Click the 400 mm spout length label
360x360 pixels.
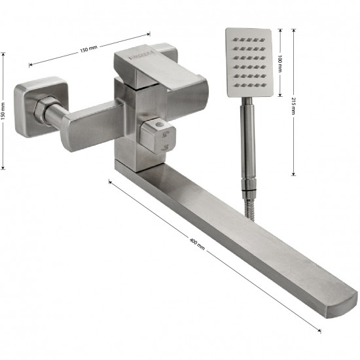[x=197, y=244]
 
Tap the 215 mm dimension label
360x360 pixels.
[x=293, y=106]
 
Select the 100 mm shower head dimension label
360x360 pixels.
[x=280, y=63]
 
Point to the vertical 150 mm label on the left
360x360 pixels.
[x=3, y=111]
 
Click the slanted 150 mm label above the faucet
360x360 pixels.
[x=88, y=49]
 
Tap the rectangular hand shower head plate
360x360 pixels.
[x=249, y=62]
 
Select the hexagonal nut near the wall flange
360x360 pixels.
[x=43, y=110]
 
